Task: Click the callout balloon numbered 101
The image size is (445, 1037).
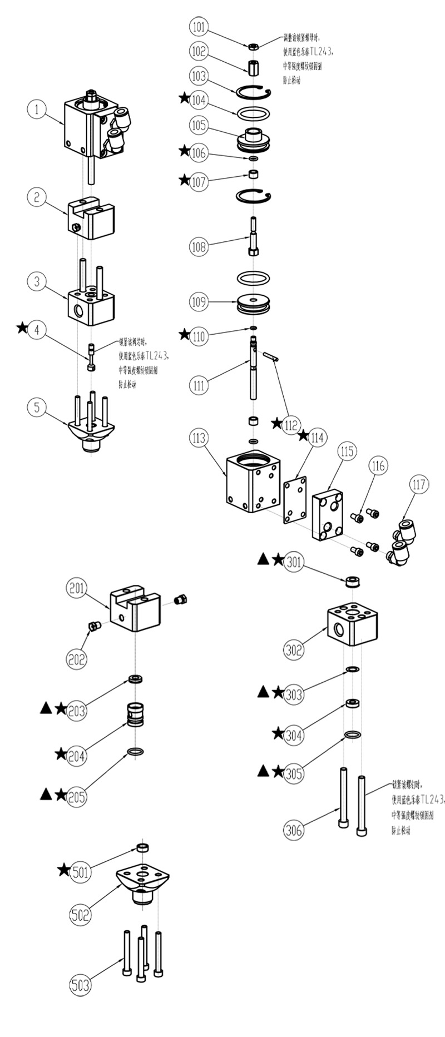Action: (199, 26)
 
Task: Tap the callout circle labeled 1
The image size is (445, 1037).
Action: (37, 109)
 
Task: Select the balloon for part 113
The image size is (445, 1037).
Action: (199, 438)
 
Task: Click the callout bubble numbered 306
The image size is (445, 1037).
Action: (294, 830)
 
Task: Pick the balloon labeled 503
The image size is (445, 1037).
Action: (80, 985)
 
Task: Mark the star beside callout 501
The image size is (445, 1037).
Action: (64, 870)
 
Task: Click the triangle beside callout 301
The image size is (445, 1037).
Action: (264, 559)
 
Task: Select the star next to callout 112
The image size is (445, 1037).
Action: (276, 423)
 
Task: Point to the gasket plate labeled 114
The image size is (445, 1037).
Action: (295, 499)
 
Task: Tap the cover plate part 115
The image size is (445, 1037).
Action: (329, 514)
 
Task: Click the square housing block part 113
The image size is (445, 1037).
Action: (253, 482)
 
